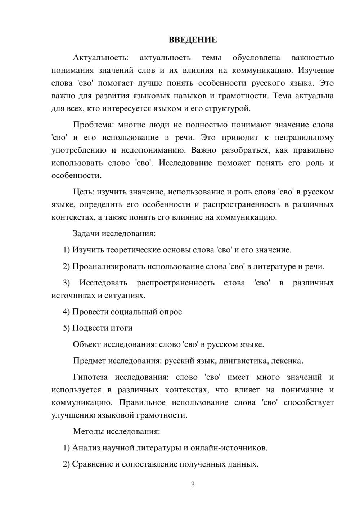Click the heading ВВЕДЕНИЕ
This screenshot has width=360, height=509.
pos(193,40)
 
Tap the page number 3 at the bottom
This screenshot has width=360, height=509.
pos(193,485)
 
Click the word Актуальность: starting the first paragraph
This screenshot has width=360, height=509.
pos(100,58)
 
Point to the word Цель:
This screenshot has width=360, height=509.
pos(84,192)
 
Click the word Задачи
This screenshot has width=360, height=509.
pos(86,233)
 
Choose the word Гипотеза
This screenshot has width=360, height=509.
pos(90,377)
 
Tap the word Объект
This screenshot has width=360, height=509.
pos(87,344)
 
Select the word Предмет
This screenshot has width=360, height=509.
pos(89,361)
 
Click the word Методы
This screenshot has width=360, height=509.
pos(88,431)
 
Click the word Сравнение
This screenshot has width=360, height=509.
pos(92,464)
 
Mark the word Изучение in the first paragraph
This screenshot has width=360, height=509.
pos(316,70)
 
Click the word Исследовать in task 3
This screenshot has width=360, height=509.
pos(103,283)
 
